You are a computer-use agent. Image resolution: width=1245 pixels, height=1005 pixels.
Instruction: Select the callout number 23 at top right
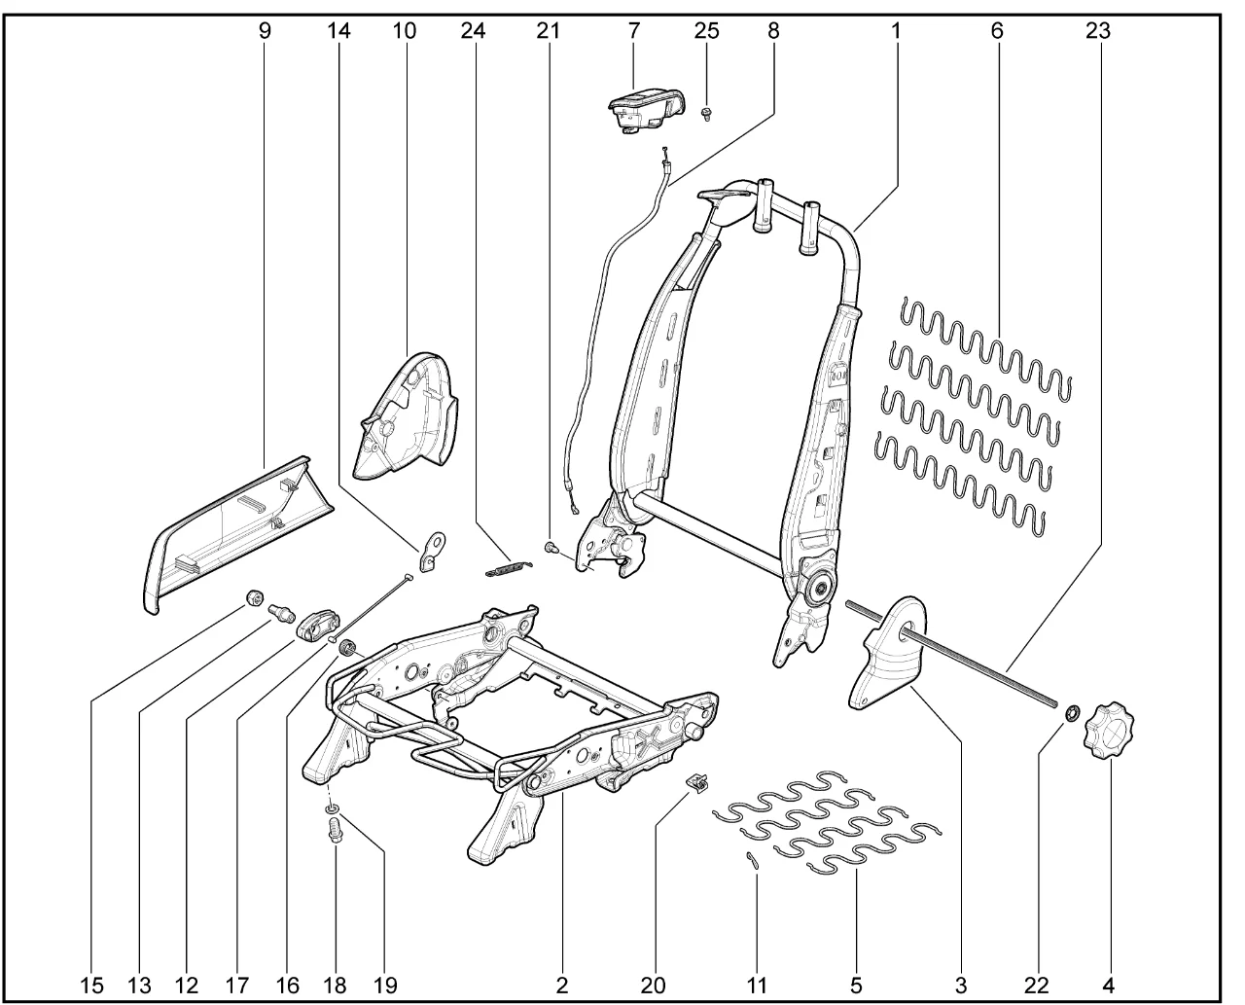1097,30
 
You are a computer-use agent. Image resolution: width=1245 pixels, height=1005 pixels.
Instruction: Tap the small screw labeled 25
706,115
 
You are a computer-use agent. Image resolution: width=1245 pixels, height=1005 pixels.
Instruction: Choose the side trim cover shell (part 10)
408,414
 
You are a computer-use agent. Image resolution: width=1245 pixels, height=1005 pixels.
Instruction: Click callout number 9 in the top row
265,30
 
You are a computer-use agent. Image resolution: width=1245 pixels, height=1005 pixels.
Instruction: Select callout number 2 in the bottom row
562,985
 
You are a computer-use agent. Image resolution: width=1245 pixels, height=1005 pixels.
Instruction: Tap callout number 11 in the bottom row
757,985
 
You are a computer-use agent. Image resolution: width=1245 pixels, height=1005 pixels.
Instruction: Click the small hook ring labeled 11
750,857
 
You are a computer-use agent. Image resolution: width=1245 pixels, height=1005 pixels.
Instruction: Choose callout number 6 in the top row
997,30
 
